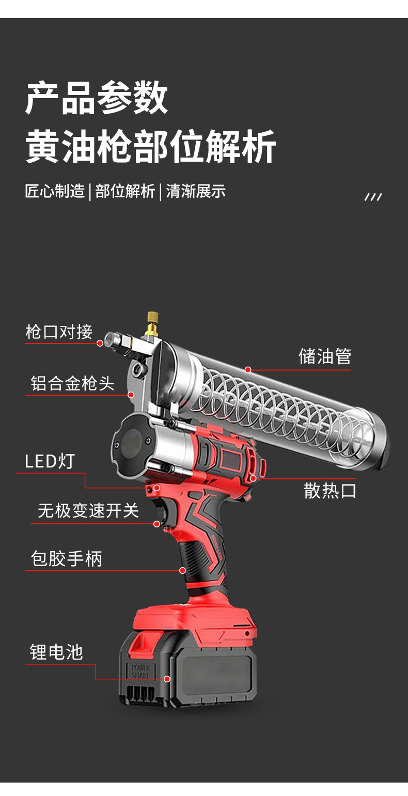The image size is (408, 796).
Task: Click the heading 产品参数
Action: point(97,98)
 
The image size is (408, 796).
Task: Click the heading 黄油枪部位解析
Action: point(151,147)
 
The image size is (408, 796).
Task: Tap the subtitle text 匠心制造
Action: point(55,191)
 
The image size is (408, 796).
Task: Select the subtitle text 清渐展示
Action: point(196,191)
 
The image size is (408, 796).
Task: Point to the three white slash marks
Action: point(373,197)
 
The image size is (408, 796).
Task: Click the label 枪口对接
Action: point(59,332)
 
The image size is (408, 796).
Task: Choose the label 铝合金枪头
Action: point(72,383)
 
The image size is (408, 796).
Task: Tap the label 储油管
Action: point(325,356)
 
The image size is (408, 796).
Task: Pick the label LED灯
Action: point(50,461)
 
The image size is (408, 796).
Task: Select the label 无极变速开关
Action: point(88,511)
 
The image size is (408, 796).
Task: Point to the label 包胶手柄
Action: point(67,558)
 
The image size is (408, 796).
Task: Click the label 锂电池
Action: point(56,652)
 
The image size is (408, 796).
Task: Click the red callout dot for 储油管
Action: point(248,370)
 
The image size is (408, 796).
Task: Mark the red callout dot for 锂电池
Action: point(167,679)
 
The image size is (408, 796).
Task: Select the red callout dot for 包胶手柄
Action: point(182,570)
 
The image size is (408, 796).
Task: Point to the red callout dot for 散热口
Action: point(253,478)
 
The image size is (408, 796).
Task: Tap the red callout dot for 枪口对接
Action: point(100,342)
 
